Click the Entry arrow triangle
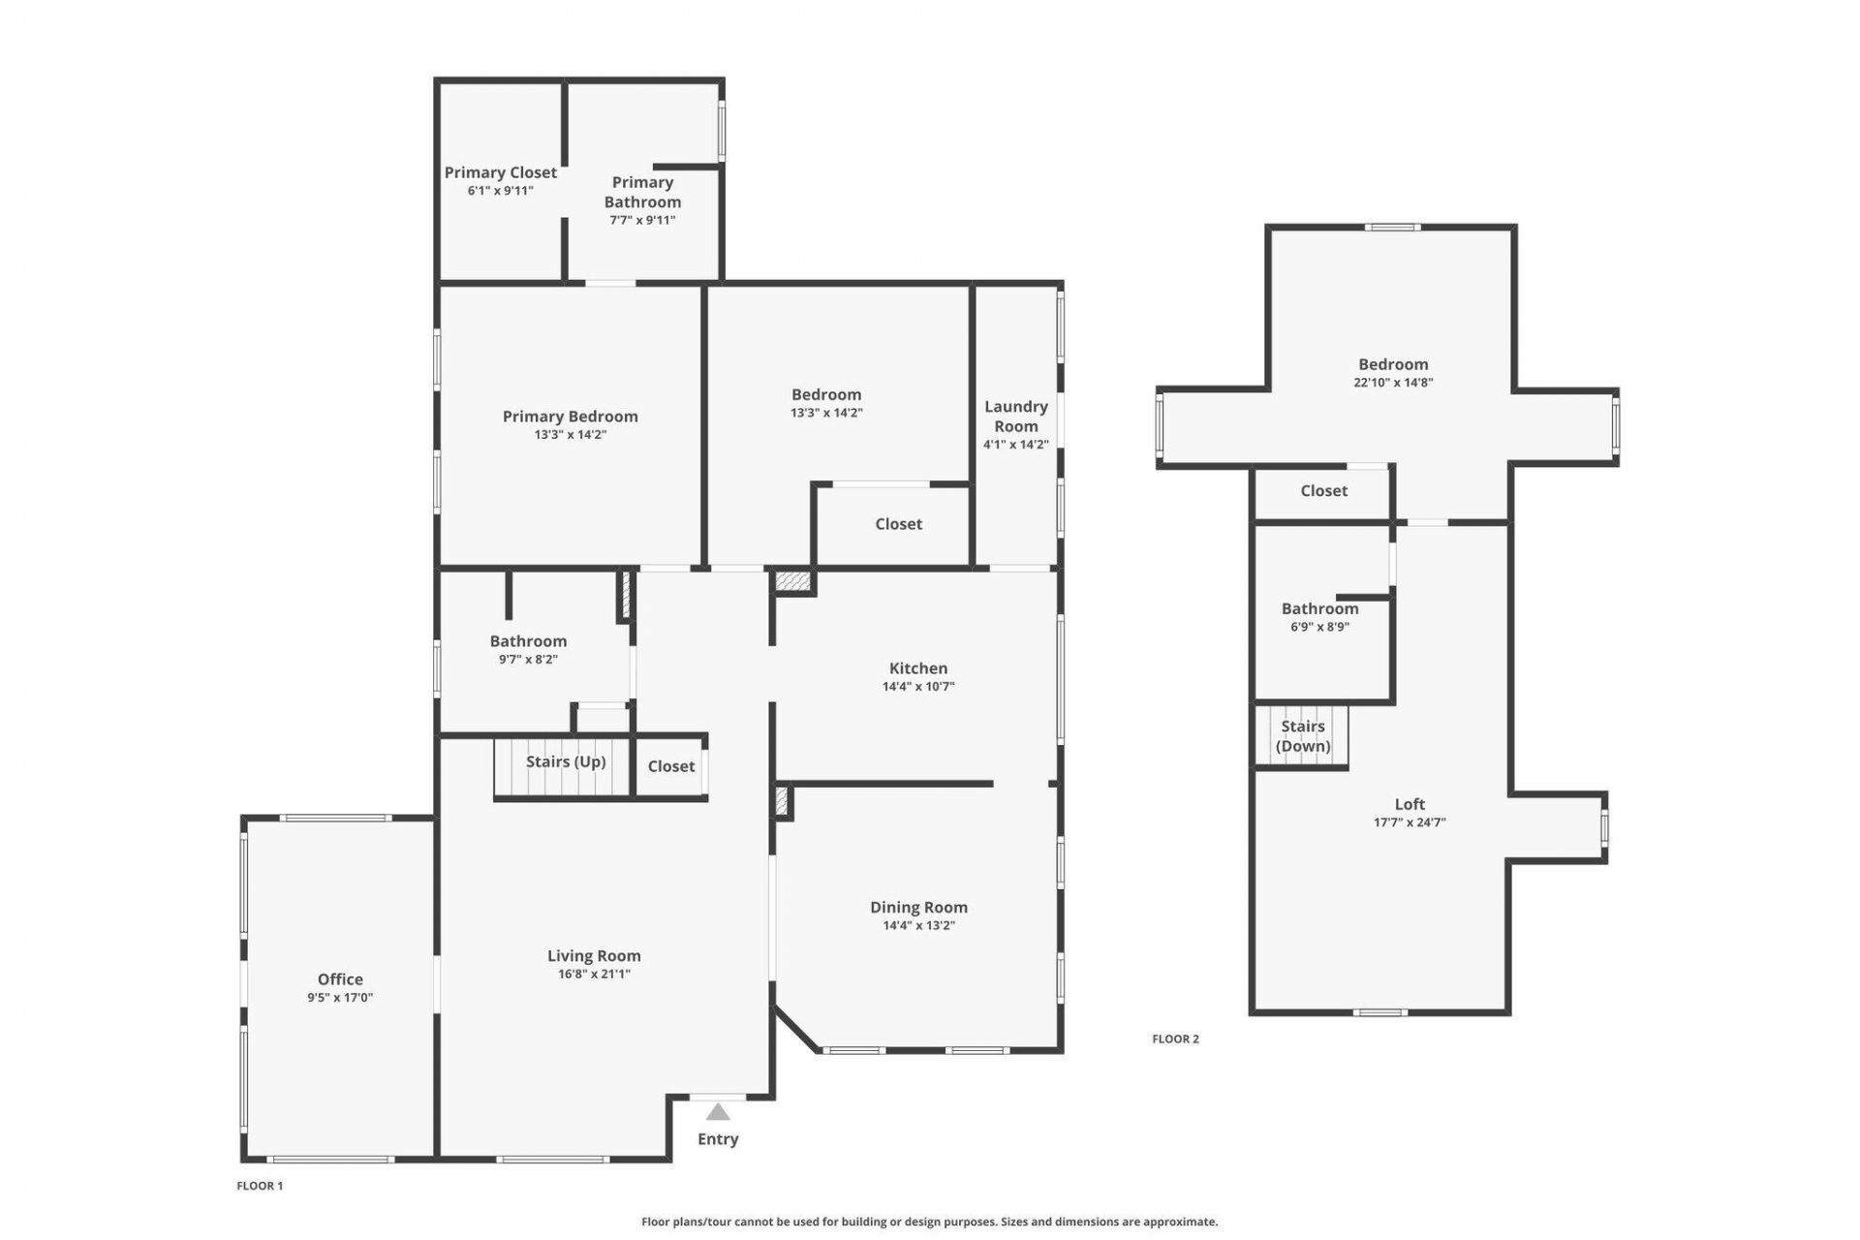[x=717, y=1112]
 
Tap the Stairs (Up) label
[x=566, y=761]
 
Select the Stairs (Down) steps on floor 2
[x=1301, y=736]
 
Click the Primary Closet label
[x=500, y=172]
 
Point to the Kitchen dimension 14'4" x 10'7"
[x=917, y=687]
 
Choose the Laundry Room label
[x=1015, y=416]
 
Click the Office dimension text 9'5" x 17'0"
[x=340, y=998]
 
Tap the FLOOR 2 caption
[x=1175, y=1038]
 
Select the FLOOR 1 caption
[x=260, y=1186]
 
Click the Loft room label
[x=1410, y=804]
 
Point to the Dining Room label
[x=917, y=907]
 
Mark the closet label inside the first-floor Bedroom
[x=898, y=524]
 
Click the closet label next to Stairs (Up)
[x=670, y=766]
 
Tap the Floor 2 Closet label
[x=1323, y=491]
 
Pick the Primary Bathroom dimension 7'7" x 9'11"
[x=642, y=220]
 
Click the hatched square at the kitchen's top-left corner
[x=793, y=581]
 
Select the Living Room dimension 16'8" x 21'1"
[x=594, y=975]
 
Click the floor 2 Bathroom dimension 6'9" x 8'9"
[x=1319, y=627]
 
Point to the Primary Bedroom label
[x=570, y=417]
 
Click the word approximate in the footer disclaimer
[x=1180, y=1222]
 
